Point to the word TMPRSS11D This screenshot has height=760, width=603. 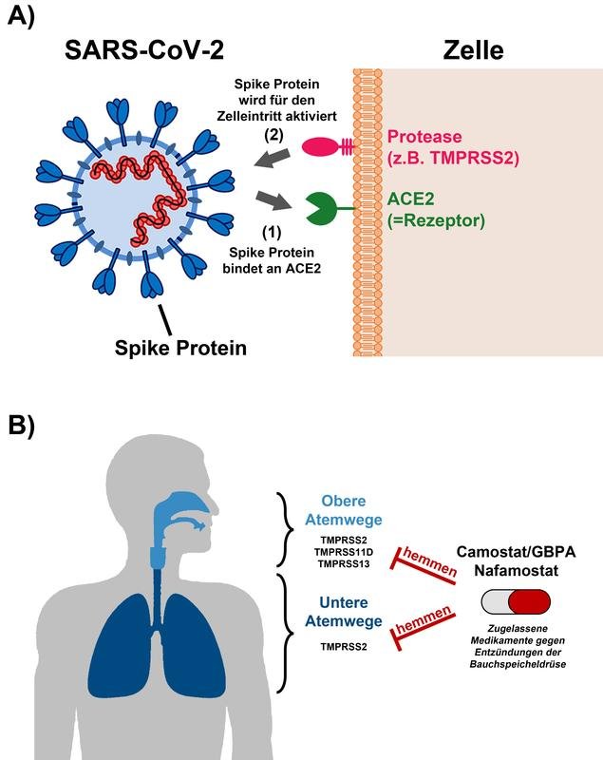tap(342, 553)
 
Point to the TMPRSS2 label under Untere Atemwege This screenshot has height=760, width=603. tap(342, 648)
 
